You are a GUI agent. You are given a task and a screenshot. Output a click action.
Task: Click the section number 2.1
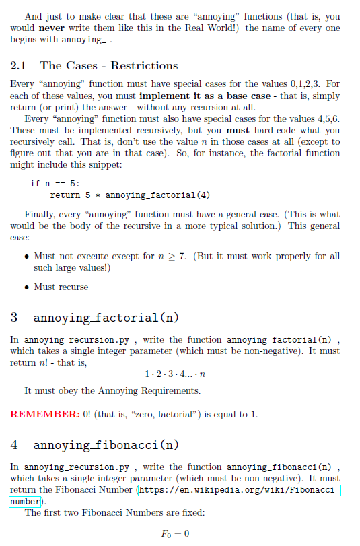click(x=20, y=65)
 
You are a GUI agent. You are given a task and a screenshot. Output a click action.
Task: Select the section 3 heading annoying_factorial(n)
click(x=105, y=317)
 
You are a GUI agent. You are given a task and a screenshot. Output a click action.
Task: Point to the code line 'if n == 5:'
click(x=56, y=183)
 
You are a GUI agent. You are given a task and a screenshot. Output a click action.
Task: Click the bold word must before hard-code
click(x=238, y=130)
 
